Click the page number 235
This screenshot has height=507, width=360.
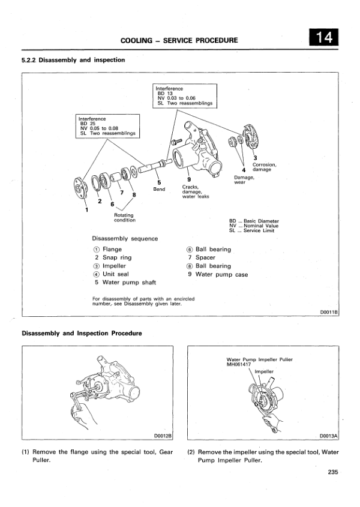pyautogui.click(x=334, y=471)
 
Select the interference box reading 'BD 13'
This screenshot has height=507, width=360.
pyautogui.click(x=186, y=95)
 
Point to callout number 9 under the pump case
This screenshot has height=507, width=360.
pyautogui.click(x=189, y=179)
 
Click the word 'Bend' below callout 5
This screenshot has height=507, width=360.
pyautogui.click(x=159, y=189)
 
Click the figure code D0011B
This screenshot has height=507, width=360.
pyautogui.click(x=329, y=311)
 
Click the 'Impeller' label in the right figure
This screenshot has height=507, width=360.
pyautogui.click(x=264, y=371)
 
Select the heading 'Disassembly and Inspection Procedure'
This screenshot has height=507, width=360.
pyautogui.click(x=82, y=333)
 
